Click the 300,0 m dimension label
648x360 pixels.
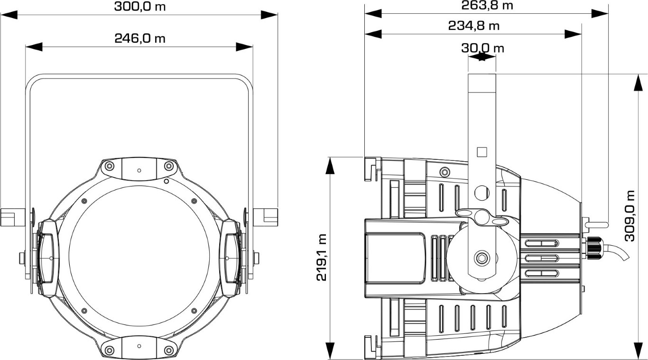pos(140,6)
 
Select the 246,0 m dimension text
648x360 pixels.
pos(140,38)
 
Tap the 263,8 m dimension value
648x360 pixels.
pos(487,5)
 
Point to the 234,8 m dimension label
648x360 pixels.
pos(474,26)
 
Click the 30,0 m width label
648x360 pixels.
pos(482,48)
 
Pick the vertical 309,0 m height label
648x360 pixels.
pos(630,216)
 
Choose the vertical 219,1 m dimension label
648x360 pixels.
pos(322,258)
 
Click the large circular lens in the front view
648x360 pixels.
pos(139,256)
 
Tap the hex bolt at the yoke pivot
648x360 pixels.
pos(481,258)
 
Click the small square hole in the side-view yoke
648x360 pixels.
pos(481,152)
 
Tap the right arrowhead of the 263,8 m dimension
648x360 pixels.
pos(600,14)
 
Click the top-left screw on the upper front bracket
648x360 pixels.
pos(110,166)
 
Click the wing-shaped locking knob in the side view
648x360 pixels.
pos(481,217)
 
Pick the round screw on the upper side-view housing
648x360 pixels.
pos(444,172)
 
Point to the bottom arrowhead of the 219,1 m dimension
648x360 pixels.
pos(330,351)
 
